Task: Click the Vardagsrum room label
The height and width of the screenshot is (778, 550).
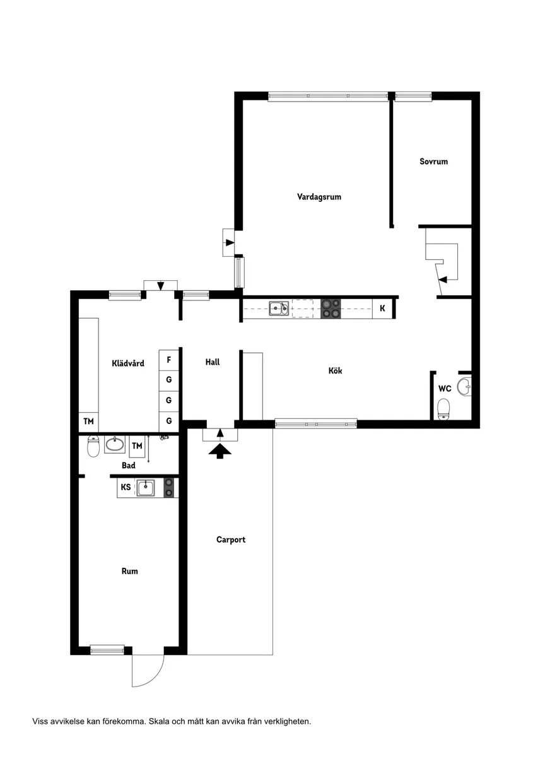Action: (x=319, y=197)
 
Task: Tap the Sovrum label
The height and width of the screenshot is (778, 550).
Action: (x=433, y=162)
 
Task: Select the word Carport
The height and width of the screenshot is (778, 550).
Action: (x=231, y=539)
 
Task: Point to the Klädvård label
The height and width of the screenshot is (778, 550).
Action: (x=128, y=363)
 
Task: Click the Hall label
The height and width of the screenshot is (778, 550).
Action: (x=212, y=362)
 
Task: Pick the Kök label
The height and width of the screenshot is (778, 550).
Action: (x=335, y=370)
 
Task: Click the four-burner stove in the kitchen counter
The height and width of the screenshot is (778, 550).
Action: (x=331, y=309)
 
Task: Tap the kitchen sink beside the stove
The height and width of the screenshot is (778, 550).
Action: (x=279, y=308)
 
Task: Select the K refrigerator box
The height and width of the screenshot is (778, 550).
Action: (x=382, y=309)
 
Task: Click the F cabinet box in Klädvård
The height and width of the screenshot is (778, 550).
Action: (x=169, y=360)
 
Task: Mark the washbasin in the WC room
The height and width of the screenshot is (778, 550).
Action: (x=465, y=386)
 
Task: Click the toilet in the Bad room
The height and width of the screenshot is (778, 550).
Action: (x=93, y=446)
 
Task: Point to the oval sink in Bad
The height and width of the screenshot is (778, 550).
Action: (x=115, y=444)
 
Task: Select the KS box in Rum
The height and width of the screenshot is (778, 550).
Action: (x=126, y=487)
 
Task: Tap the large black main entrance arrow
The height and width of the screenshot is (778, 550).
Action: (x=219, y=451)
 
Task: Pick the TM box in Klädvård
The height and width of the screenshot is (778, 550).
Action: (x=88, y=421)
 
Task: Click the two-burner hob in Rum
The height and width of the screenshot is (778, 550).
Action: (x=169, y=488)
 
